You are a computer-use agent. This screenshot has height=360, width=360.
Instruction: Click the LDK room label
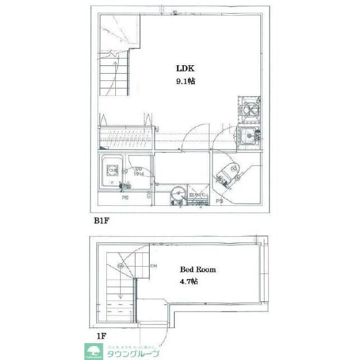(185, 69)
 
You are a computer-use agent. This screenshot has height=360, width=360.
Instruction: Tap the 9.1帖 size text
(186, 81)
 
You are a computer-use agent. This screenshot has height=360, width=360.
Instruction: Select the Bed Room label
(197, 269)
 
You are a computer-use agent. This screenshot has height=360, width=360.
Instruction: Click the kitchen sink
(247, 135)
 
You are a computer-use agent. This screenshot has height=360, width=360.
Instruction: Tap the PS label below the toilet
(220, 201)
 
